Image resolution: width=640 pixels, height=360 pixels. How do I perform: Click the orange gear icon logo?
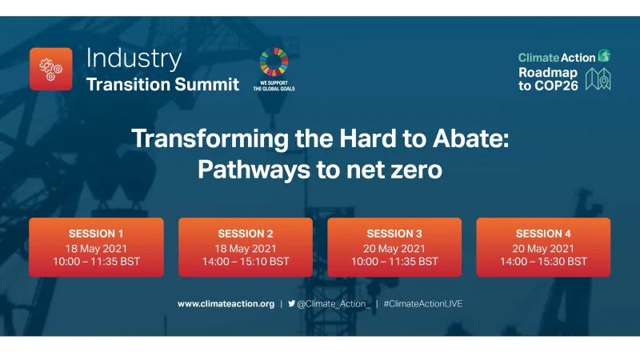tap(50, 69)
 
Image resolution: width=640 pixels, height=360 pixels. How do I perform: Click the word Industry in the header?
tap(133, 58)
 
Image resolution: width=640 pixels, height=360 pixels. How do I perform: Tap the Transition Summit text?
tap(162, 84)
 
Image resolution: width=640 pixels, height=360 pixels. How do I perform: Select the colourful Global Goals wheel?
tap(274, 62)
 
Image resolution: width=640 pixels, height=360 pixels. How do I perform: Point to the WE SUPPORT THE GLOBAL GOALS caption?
tap(274, 85)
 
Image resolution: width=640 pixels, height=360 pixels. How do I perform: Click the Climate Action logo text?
tap(557, 58)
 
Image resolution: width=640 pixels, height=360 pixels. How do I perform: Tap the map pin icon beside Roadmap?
tap(598, 78)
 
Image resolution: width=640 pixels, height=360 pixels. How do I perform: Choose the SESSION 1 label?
tap(96, 234)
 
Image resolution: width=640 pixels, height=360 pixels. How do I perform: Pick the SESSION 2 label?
tap(246, 234)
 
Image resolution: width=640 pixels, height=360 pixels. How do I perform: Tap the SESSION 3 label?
tap(394, 234)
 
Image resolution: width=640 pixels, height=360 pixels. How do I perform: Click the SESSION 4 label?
tap(543, 234)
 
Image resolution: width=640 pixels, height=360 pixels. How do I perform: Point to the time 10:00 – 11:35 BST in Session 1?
tap(96, 262)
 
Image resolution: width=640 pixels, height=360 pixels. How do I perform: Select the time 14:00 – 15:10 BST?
tap(246, 262)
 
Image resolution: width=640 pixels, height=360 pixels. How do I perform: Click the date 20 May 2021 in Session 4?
tap(543, 248)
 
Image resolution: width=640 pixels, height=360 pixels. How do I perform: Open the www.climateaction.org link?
tap(226, 304)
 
